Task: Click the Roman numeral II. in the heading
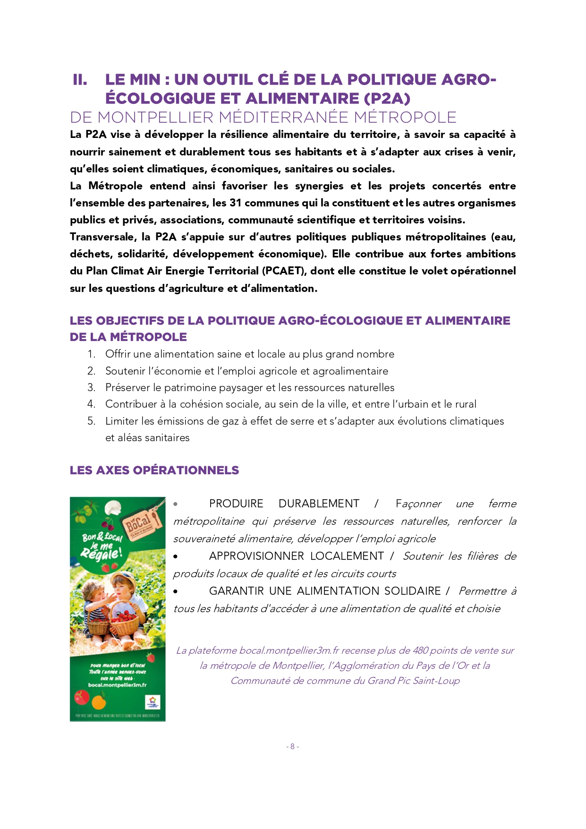pos(80,80)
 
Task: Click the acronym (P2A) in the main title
pos(387,98)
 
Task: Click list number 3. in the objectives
pos(92,388)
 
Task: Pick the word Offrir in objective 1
pos(118,354)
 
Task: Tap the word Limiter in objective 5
pos(122,421)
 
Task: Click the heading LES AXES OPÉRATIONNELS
pos(154,470)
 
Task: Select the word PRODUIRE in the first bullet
pos(236,504)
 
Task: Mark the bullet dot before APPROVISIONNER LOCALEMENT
pos(176,557)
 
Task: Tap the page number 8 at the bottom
pos(292,747)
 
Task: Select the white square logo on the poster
pos(152,702)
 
